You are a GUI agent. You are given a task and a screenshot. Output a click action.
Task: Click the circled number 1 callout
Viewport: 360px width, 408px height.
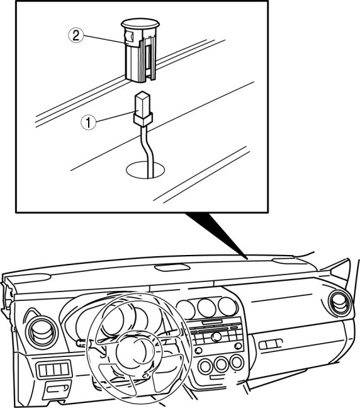click(89, 123)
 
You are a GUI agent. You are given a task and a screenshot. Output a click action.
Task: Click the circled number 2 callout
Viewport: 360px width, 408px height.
click(76, 35)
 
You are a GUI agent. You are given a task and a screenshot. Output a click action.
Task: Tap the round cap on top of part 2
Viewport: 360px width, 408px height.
click(140, 23)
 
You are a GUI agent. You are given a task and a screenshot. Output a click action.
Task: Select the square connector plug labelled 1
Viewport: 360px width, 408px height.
click(143, 109)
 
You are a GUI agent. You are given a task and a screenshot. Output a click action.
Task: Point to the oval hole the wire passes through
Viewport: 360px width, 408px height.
click(145, 170)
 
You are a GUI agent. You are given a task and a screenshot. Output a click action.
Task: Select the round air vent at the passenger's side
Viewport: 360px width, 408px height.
click(341, 303)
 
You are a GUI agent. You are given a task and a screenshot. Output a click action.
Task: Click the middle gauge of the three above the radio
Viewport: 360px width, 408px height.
click(206, 308)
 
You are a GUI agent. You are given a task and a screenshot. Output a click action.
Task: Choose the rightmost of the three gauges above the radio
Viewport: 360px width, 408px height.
click(227, 306)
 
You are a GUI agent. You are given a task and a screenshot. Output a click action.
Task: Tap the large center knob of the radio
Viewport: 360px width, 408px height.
click(216, 337)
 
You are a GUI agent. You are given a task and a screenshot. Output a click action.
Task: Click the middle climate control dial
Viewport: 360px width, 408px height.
click(221, 365)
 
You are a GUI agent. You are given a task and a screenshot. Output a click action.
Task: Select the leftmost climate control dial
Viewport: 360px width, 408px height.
click(206, 366)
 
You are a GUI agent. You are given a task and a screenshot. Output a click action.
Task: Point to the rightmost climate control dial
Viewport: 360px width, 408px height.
click(237, 363)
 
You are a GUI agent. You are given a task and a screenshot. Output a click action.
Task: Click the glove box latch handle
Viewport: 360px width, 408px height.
click(270, 344)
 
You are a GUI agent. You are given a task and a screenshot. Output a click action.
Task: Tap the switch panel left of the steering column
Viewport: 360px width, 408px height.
click(54, 369)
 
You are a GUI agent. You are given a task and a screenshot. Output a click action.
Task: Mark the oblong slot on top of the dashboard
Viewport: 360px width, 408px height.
click(172, 268)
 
